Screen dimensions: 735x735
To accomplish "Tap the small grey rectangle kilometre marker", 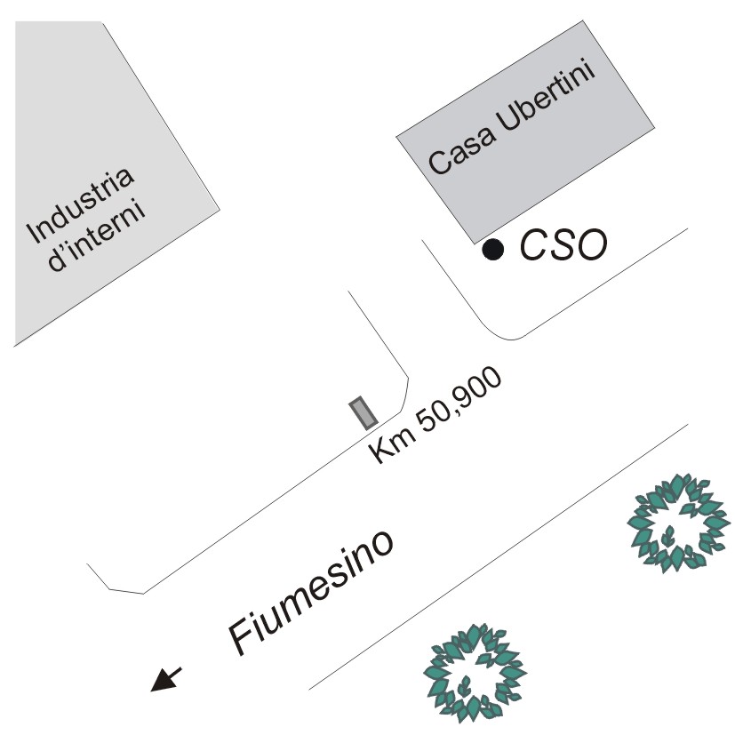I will [x=364, y=412].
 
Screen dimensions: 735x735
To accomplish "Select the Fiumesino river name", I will [x=310, y=591].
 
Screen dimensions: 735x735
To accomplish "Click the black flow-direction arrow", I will [x=166, y=678].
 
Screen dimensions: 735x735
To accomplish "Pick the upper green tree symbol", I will [x=676, y=522].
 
